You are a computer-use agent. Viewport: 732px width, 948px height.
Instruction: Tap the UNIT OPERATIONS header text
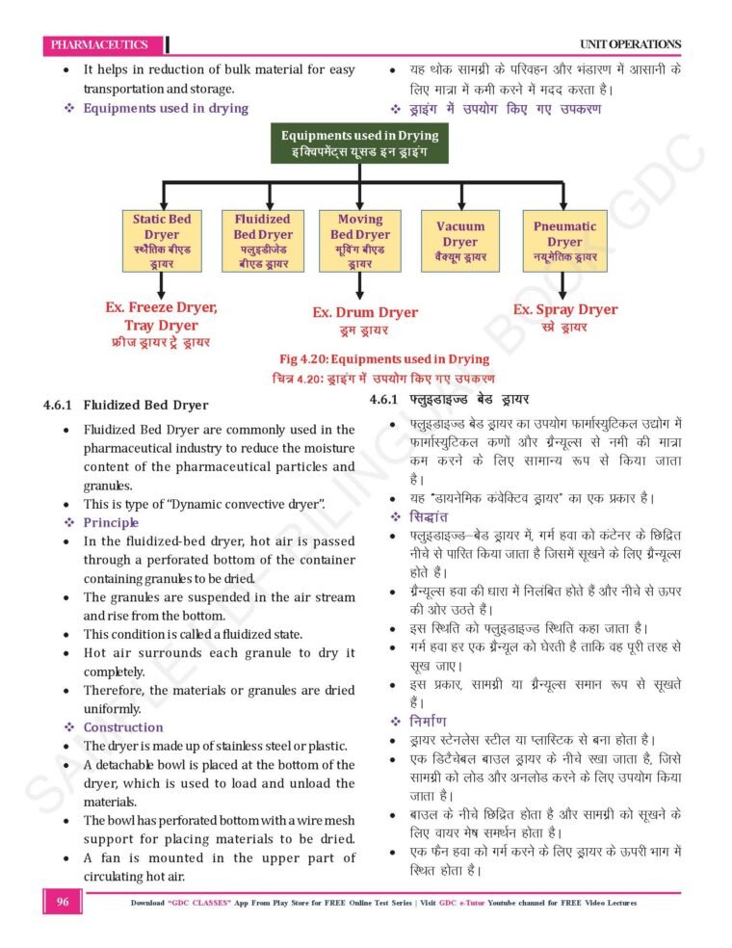pyautogui.click(x=630, y=44)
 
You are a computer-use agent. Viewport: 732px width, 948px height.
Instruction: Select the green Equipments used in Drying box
pyautogui.click(x=359, y=143)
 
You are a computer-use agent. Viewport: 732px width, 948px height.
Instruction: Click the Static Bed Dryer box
pyautogui.click(x=162, y=241)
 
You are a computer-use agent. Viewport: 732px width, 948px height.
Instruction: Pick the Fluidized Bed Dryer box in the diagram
pyautogui.click(x=263, y=241)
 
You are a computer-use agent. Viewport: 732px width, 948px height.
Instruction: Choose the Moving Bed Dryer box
pyautogui.click(x=359, y=241)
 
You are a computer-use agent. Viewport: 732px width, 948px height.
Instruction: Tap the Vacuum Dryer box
pyautogui.click(x=460, y=241)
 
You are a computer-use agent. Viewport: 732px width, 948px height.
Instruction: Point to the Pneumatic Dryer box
pyautogui.click(x=564, y=241)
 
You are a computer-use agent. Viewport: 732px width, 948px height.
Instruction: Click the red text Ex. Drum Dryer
pyautogui.click(x=365, y=312)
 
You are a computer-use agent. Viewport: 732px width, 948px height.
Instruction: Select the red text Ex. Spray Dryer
pyautogui.click(x=565, y=309)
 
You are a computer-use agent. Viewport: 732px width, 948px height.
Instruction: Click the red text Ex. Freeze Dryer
pyautogui.click(x=161, y=307)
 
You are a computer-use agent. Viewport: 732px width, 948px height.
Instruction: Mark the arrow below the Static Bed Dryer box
pyautogui.click(x=162, y=285)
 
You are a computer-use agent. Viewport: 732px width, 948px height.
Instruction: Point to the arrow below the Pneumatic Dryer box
pyautogui.click(x=562, y=285)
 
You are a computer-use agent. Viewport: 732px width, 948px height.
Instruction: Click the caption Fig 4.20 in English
pyautogui.click(x=384, y=359)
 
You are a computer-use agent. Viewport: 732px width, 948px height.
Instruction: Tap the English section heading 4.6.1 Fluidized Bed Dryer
pyautogui.click(x=126, y=405)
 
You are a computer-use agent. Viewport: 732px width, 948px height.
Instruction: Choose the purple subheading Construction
pyautogui.click(x=123, y=727)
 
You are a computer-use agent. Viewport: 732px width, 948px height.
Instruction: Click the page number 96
pyautogui.click(x=63, y=902)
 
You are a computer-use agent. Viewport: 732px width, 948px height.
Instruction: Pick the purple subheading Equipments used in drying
pyautogui.click(x=166, y=108)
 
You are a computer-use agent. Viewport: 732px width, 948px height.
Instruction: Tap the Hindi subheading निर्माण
pyautogui.click(x=428, y=721)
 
